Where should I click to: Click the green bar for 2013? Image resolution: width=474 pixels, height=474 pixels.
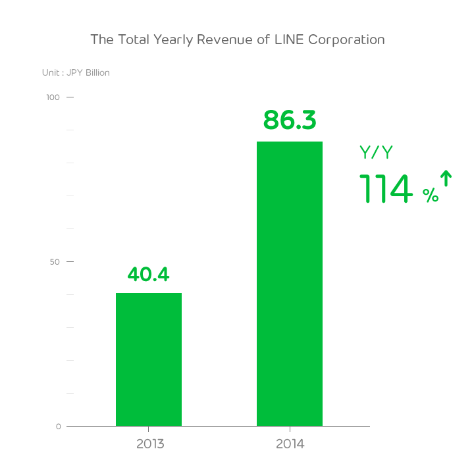click(x=149, y=359)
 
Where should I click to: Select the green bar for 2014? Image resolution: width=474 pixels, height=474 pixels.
click(x=290, y=284)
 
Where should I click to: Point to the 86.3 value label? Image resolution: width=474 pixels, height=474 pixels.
click(x=290, y=120)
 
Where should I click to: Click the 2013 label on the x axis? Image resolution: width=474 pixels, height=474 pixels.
click(x=150, y=444)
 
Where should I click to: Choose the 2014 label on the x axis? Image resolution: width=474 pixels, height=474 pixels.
click(x=290, y=444)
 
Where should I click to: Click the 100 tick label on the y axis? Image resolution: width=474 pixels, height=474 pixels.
click(x=53, y=97)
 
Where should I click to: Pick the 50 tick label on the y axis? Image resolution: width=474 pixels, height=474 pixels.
click(x=55, y=262)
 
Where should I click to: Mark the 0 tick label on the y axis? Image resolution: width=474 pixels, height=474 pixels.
click(x=58, y=427)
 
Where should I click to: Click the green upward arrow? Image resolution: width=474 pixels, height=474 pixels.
click(x=446, y=179)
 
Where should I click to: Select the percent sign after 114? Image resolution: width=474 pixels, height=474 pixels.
click(x=430, y=196)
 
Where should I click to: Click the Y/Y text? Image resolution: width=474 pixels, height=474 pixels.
click(x=376, y=153)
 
